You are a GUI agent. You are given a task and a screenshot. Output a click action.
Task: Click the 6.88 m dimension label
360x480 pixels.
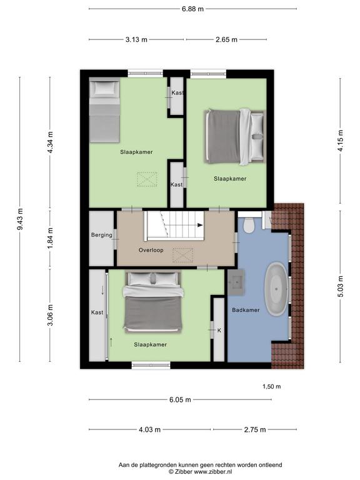pos(192,9)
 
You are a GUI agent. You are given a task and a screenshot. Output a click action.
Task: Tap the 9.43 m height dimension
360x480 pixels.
pos(20,219)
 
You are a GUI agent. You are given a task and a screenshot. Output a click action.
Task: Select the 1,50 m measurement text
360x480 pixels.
pos(271,387)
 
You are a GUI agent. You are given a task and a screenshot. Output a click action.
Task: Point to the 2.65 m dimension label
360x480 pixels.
pos(226,39)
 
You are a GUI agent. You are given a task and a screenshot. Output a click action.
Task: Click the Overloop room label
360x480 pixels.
pos(151,250)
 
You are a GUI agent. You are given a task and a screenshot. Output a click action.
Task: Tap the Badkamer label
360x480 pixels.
pos(246,310)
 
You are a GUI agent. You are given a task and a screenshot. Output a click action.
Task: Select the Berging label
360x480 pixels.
pos(102,235)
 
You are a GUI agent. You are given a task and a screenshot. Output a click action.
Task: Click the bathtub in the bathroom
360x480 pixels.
pos(276,289)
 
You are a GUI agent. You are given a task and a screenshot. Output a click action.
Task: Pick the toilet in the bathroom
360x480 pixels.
pos(249,225)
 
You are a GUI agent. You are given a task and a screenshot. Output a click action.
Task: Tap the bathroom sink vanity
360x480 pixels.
pos(236,282)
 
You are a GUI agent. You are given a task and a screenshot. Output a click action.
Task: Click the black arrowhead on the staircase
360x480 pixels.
pos(200,225)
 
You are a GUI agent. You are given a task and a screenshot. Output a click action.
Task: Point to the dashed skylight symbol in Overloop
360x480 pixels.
pos(182,255)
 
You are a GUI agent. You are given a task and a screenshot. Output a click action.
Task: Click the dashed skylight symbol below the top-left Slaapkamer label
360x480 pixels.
pos(147,179)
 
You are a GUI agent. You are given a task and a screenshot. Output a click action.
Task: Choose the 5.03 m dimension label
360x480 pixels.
pos(341,286)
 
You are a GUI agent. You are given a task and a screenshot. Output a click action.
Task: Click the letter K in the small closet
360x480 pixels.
pos(219,331)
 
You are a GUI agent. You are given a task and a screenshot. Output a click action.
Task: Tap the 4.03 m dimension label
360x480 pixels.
pos(150,430)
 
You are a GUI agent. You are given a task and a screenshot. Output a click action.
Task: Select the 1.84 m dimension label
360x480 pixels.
pos(51,238)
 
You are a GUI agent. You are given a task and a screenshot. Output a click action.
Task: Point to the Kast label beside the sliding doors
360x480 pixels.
pos(97,312)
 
